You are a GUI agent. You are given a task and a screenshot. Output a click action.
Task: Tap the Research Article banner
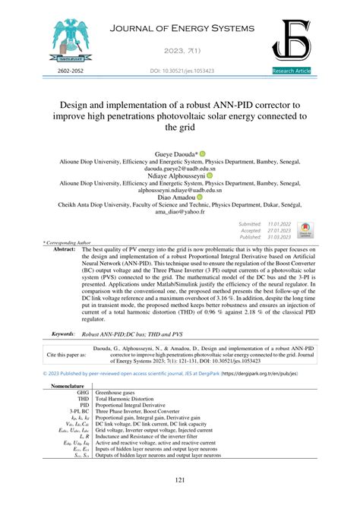(x=292, y=71)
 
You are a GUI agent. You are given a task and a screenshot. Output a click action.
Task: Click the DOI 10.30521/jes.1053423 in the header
(x=179, y=71)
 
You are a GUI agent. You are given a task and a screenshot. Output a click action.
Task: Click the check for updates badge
(x=305, y=230)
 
